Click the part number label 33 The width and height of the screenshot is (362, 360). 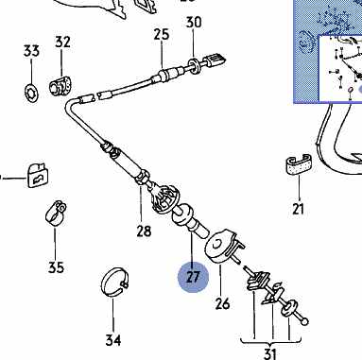[x=31, y=51]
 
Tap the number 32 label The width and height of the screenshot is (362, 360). [x=62, y=42]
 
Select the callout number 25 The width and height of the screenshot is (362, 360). [x=162, y=34]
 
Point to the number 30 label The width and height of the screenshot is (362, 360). [x=194, y=23]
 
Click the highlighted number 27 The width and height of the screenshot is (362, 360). [x=193, y=277]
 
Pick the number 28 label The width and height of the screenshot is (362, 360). [x=144, y=231]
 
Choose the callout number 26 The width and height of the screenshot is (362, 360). [x=222, y=303]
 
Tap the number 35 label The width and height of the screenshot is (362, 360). [x=56, y=267]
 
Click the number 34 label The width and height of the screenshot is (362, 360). [x=113, y=340]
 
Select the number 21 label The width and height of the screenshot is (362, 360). [x=298, y=209]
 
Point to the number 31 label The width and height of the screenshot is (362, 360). [x=269, y=353]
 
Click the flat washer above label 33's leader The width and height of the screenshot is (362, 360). [x=31, y=93]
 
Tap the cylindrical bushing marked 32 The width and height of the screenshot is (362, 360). [x=60, y=85]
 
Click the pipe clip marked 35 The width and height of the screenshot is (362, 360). [x=56, y=214]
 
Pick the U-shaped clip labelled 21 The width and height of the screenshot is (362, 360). [x=298, y=164]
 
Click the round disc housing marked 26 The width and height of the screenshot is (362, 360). [x=218, y=247]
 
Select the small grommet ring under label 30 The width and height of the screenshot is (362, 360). [x=194, y=66]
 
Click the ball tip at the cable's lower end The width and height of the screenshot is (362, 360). [x=304, y=321]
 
